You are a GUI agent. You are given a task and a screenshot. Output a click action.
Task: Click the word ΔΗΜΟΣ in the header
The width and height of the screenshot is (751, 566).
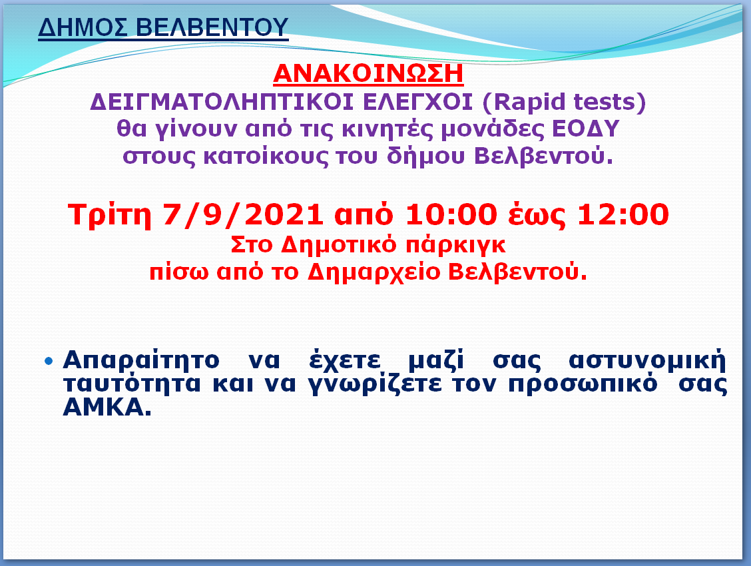[x=83, y=27]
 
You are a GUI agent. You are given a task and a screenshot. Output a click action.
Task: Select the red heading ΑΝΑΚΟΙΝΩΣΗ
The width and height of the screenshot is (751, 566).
[x=368, y=74]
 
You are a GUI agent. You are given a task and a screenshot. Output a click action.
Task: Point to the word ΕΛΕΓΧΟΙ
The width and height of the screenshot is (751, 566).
[x=417, y=102]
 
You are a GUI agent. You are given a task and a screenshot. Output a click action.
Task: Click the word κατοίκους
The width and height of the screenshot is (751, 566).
[x=266, y=156]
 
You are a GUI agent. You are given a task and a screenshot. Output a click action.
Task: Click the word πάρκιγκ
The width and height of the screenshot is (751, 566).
[x=455, y=246]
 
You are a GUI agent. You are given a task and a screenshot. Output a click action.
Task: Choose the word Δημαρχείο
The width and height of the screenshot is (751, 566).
[x=374, y=272]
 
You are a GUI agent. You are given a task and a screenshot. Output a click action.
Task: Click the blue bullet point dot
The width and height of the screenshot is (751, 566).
[x=49, y=360]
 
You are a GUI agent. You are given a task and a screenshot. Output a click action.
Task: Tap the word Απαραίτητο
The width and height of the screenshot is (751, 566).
[x=141, y=360]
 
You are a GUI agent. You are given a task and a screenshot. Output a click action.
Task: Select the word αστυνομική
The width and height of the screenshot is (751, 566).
[x=647, y=360]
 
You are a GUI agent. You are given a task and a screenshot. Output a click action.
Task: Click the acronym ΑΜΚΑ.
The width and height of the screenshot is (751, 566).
[x=107, y=408]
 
